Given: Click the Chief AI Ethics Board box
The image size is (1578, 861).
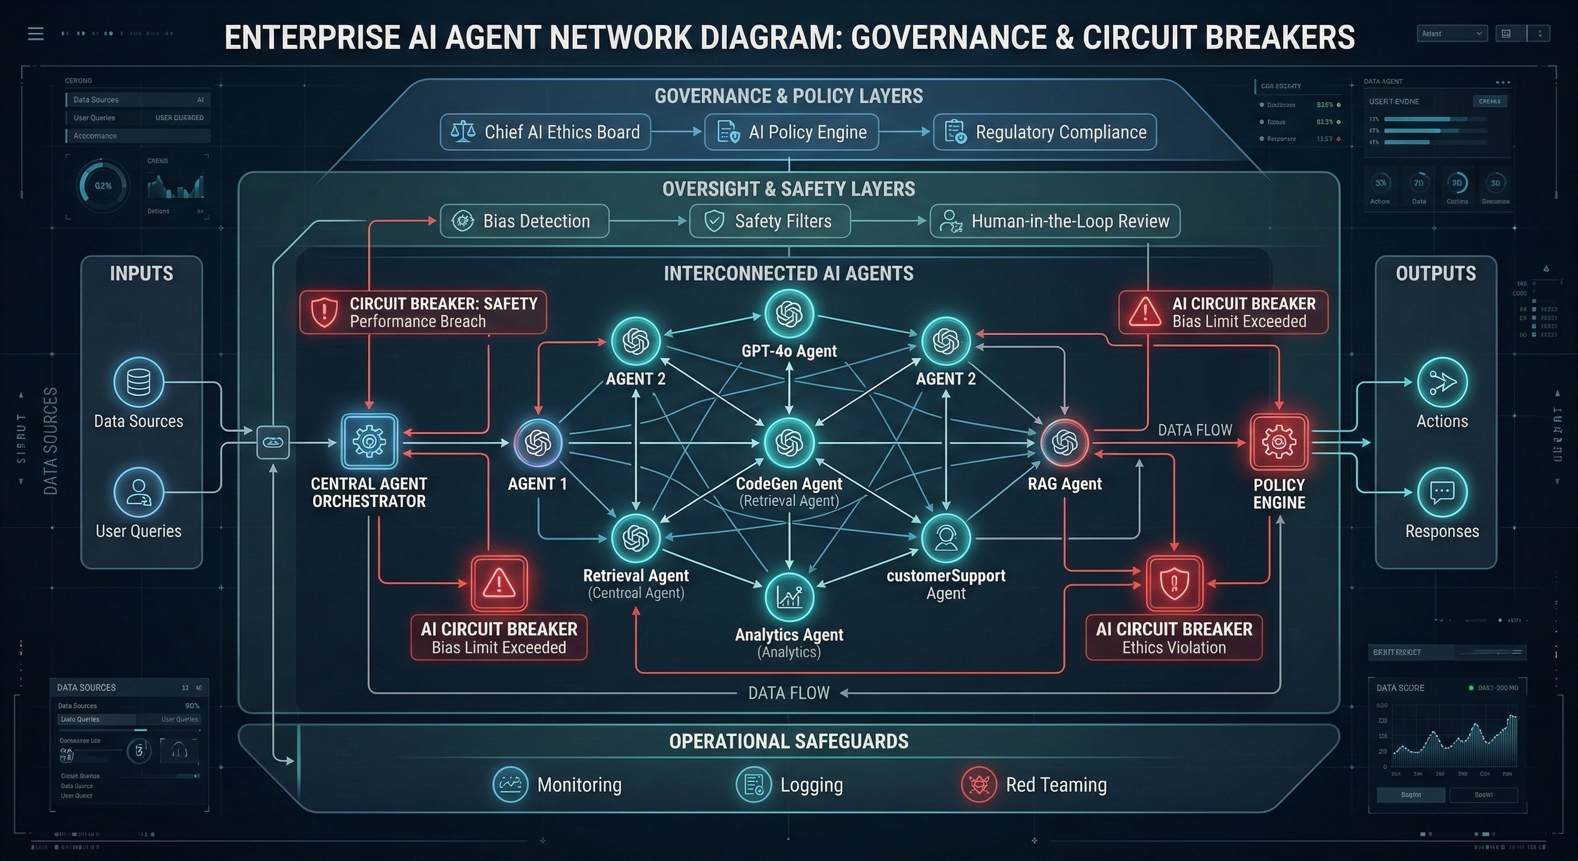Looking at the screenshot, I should pos(545,132).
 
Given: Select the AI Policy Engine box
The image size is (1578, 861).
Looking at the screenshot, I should pos(791,132).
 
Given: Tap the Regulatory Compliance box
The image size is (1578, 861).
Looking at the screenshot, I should pos(1045,132).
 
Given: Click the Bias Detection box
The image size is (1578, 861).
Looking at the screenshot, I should pos(525,221).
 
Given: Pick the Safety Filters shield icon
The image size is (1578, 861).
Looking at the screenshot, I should pos(714,221).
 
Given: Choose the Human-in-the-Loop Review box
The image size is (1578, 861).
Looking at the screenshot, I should pos(1054,221).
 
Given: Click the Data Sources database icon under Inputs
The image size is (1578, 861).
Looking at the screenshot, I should pos(138,382).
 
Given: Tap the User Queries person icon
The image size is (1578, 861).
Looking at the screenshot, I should pos(138,492).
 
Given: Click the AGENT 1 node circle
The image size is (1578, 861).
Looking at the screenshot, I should pos(538,442).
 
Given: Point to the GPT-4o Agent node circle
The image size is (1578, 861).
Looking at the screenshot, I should pos(789,314).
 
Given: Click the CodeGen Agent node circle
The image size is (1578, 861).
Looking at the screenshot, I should pos(789,442).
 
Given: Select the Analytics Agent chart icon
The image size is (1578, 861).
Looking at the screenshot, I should pos(789,597).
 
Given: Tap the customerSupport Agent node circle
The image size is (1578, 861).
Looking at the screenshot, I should pos(946,538).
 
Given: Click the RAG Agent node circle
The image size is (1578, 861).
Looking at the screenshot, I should pos(1065,442).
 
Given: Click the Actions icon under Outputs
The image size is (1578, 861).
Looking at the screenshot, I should pos(1442,382).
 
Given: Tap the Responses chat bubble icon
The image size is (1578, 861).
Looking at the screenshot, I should pos(1442,492).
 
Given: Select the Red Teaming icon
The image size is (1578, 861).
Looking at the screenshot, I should pos(979,784).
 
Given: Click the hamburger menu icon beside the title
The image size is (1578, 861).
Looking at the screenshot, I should pos(35,34).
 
